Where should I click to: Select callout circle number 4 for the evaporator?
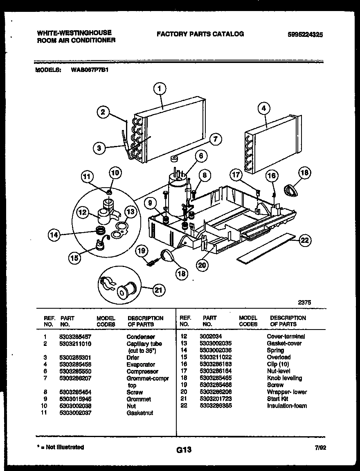[264, 108]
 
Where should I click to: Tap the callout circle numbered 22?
[304, 240]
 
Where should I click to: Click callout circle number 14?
[54, 235]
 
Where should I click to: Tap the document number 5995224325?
[305, 35]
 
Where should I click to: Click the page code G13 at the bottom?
[184, 450]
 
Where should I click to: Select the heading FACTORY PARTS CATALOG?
[200, 34]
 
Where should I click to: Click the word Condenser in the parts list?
[141, 337]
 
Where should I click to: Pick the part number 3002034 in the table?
[211, 336]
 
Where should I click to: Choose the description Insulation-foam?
[287, 406]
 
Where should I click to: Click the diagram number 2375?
[304, 303]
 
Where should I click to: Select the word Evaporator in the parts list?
[141, 364]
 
